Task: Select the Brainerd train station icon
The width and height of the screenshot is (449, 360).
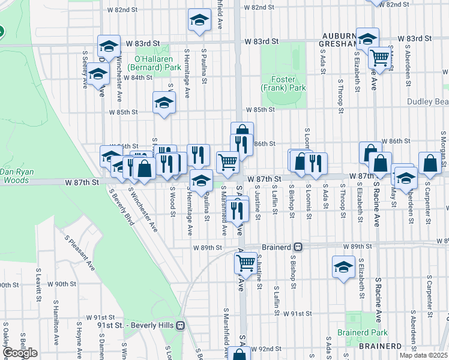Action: point(297,247)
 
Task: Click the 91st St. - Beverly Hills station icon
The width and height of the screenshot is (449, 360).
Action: point(181,326)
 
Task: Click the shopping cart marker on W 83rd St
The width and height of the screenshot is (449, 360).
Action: point(379,58)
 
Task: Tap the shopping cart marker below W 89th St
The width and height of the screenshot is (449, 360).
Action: point(246,262)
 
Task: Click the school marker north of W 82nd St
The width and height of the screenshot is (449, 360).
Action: point(199,20)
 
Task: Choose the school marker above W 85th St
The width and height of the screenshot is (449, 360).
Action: point(164,102)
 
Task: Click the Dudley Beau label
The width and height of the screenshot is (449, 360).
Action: point(427,102)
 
